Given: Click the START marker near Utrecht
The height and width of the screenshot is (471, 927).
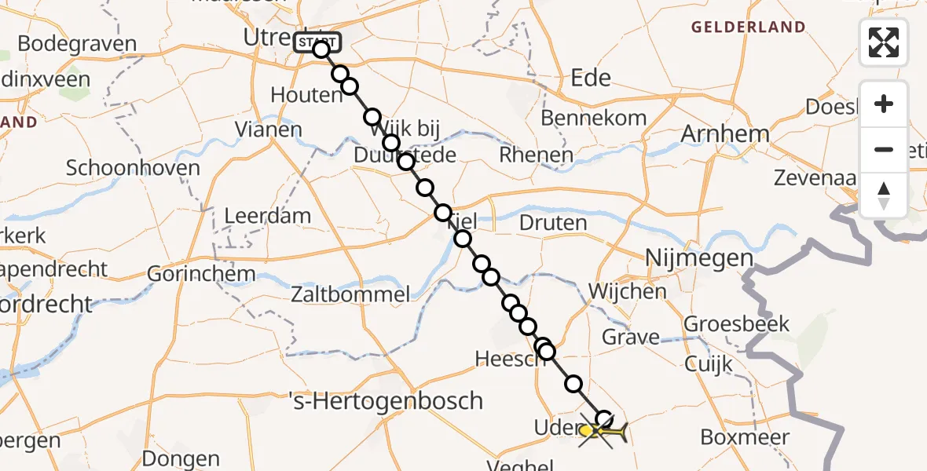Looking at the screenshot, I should pyautogui.click(x=317, y=42).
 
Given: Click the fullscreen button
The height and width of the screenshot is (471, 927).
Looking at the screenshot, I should pyautogui.click(x=884, y=42).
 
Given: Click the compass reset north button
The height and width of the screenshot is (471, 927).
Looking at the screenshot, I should pyautogui.click(x=884, y=195).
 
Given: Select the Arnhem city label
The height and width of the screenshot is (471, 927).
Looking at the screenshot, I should pyautogui.click(x=724, y=133).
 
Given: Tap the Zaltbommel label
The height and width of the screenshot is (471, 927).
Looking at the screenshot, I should pyautogui.click(x=350, y=295).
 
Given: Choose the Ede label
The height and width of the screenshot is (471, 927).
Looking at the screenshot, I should pyautogui.click(x=592, y=78).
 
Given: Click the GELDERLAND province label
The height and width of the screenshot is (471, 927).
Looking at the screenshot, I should pyautogui.click(x=748, y=27).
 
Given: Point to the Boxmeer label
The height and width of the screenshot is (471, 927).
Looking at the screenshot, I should pyautogui.click(x=746, y=437).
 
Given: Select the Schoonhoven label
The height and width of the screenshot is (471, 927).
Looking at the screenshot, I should pyautogui.click(x=133, y=167).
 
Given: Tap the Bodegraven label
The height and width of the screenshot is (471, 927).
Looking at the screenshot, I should pyautogui.click(x=76, y=44).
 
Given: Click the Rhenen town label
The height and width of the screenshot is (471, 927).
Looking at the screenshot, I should pyautogui.click(x=536, y=155).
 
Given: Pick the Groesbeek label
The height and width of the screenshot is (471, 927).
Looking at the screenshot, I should pyautogui.click(x=736, y=323).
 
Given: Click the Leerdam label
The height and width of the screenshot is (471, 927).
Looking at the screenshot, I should pyautogui.click(x=267, y=215).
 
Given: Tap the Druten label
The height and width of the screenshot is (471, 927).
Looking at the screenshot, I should pyautogui.click(x=553, y=223).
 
